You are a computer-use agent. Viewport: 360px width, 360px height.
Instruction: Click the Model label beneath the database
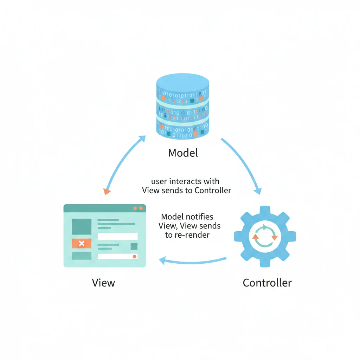pyautogui.click(x=183, y=153)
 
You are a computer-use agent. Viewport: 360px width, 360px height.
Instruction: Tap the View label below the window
pyautogui.click(x=103, y=283)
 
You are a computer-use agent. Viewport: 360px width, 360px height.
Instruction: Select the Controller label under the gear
pyautogui.click(x=267, y=283)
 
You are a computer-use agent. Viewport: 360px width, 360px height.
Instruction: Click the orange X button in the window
pyautogui.click(x=82, y=243)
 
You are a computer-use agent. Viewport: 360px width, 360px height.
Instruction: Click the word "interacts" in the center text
pyautogui.click(x=185, y=181)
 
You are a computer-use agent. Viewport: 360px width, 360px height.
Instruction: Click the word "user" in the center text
pyautogui.click(x=159, y=181)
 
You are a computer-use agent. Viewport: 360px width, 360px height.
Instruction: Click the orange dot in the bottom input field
pyautogui.click(x=134, y=257)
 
